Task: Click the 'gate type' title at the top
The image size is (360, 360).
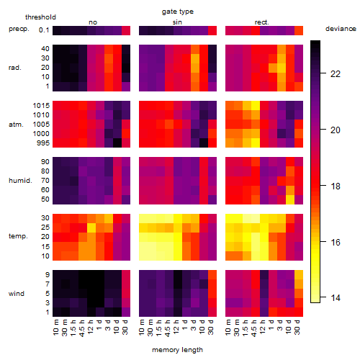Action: (178, 12)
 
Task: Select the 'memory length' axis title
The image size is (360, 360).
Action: (177, 350)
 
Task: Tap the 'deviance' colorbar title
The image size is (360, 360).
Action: (341, 29)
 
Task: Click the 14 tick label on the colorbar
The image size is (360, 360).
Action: (336, 298)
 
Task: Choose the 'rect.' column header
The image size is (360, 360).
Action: (262, 22)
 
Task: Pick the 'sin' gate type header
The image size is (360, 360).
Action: (177, 22)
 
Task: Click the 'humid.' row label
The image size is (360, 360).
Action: (20, 181)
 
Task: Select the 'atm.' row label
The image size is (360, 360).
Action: (16, 125)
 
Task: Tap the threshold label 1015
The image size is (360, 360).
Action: (41, 106)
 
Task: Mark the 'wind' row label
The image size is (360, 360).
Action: (17, 294)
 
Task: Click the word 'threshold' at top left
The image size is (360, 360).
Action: (40, 17)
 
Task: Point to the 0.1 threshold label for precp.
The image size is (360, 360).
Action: (44, 30)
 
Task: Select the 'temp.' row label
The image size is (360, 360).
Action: (18, 236)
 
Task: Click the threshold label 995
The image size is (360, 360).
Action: (43, 143)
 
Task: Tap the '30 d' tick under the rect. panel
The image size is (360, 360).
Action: (297, 327)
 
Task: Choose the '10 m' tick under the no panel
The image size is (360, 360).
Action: (55, 327)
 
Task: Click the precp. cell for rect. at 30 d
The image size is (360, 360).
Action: (299, 30)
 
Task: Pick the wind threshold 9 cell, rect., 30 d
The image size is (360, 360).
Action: (299, 275)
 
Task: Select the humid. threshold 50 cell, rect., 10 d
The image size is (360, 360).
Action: (290, 199)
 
